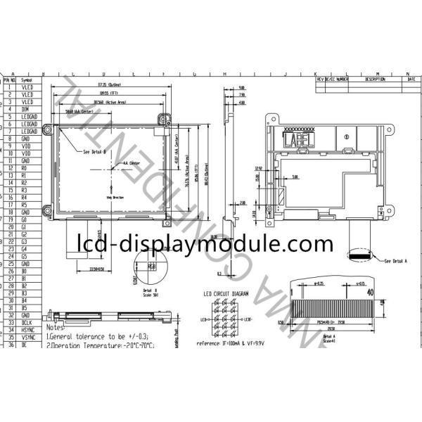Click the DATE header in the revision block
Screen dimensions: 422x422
pyautogui.click(x=411, y=80)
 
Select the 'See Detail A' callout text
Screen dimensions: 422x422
pyautogui.click(x=397, y=262)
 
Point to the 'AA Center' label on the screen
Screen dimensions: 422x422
pyautogui.click(x=131, y=162)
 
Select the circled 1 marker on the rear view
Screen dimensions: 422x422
pyautogui.click(x=345, y=136)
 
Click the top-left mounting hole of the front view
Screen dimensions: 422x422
pyautogui.click(x=48, y=129)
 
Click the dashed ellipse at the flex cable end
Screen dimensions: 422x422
pyautogui.click(x=365, y=252)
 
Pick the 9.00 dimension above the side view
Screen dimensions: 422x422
pyautogui.click(x=242, y=87)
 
